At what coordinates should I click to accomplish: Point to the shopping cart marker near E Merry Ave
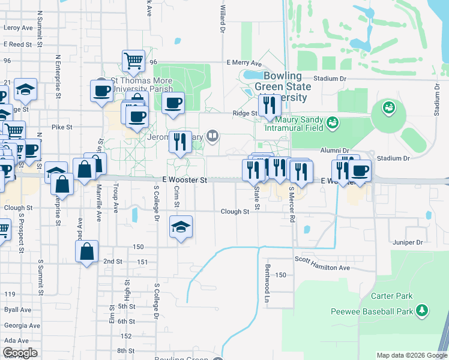pyautogui.click(x=133, y=60)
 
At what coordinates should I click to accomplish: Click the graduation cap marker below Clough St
pyautogui.click(x=181, y=227)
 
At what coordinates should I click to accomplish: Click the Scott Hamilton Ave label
pyautogui.click(x=322, y=262)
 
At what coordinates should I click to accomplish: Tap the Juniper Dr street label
pyautogui.click(x=408, y=242)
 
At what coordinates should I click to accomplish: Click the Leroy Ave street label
pyautogui.click(x=18, y=28)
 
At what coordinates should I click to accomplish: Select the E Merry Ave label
pyautogui.click(x=244, y=63)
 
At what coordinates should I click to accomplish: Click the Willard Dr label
pyautogui.click(x=223, y=18)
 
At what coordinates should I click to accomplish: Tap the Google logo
pyautogui.click(x=20, y=353)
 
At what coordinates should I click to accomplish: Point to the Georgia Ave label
pyautogui.click(x=22, y=325)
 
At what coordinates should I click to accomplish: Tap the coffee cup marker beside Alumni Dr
pyautogui.click(x=360, y=170)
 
